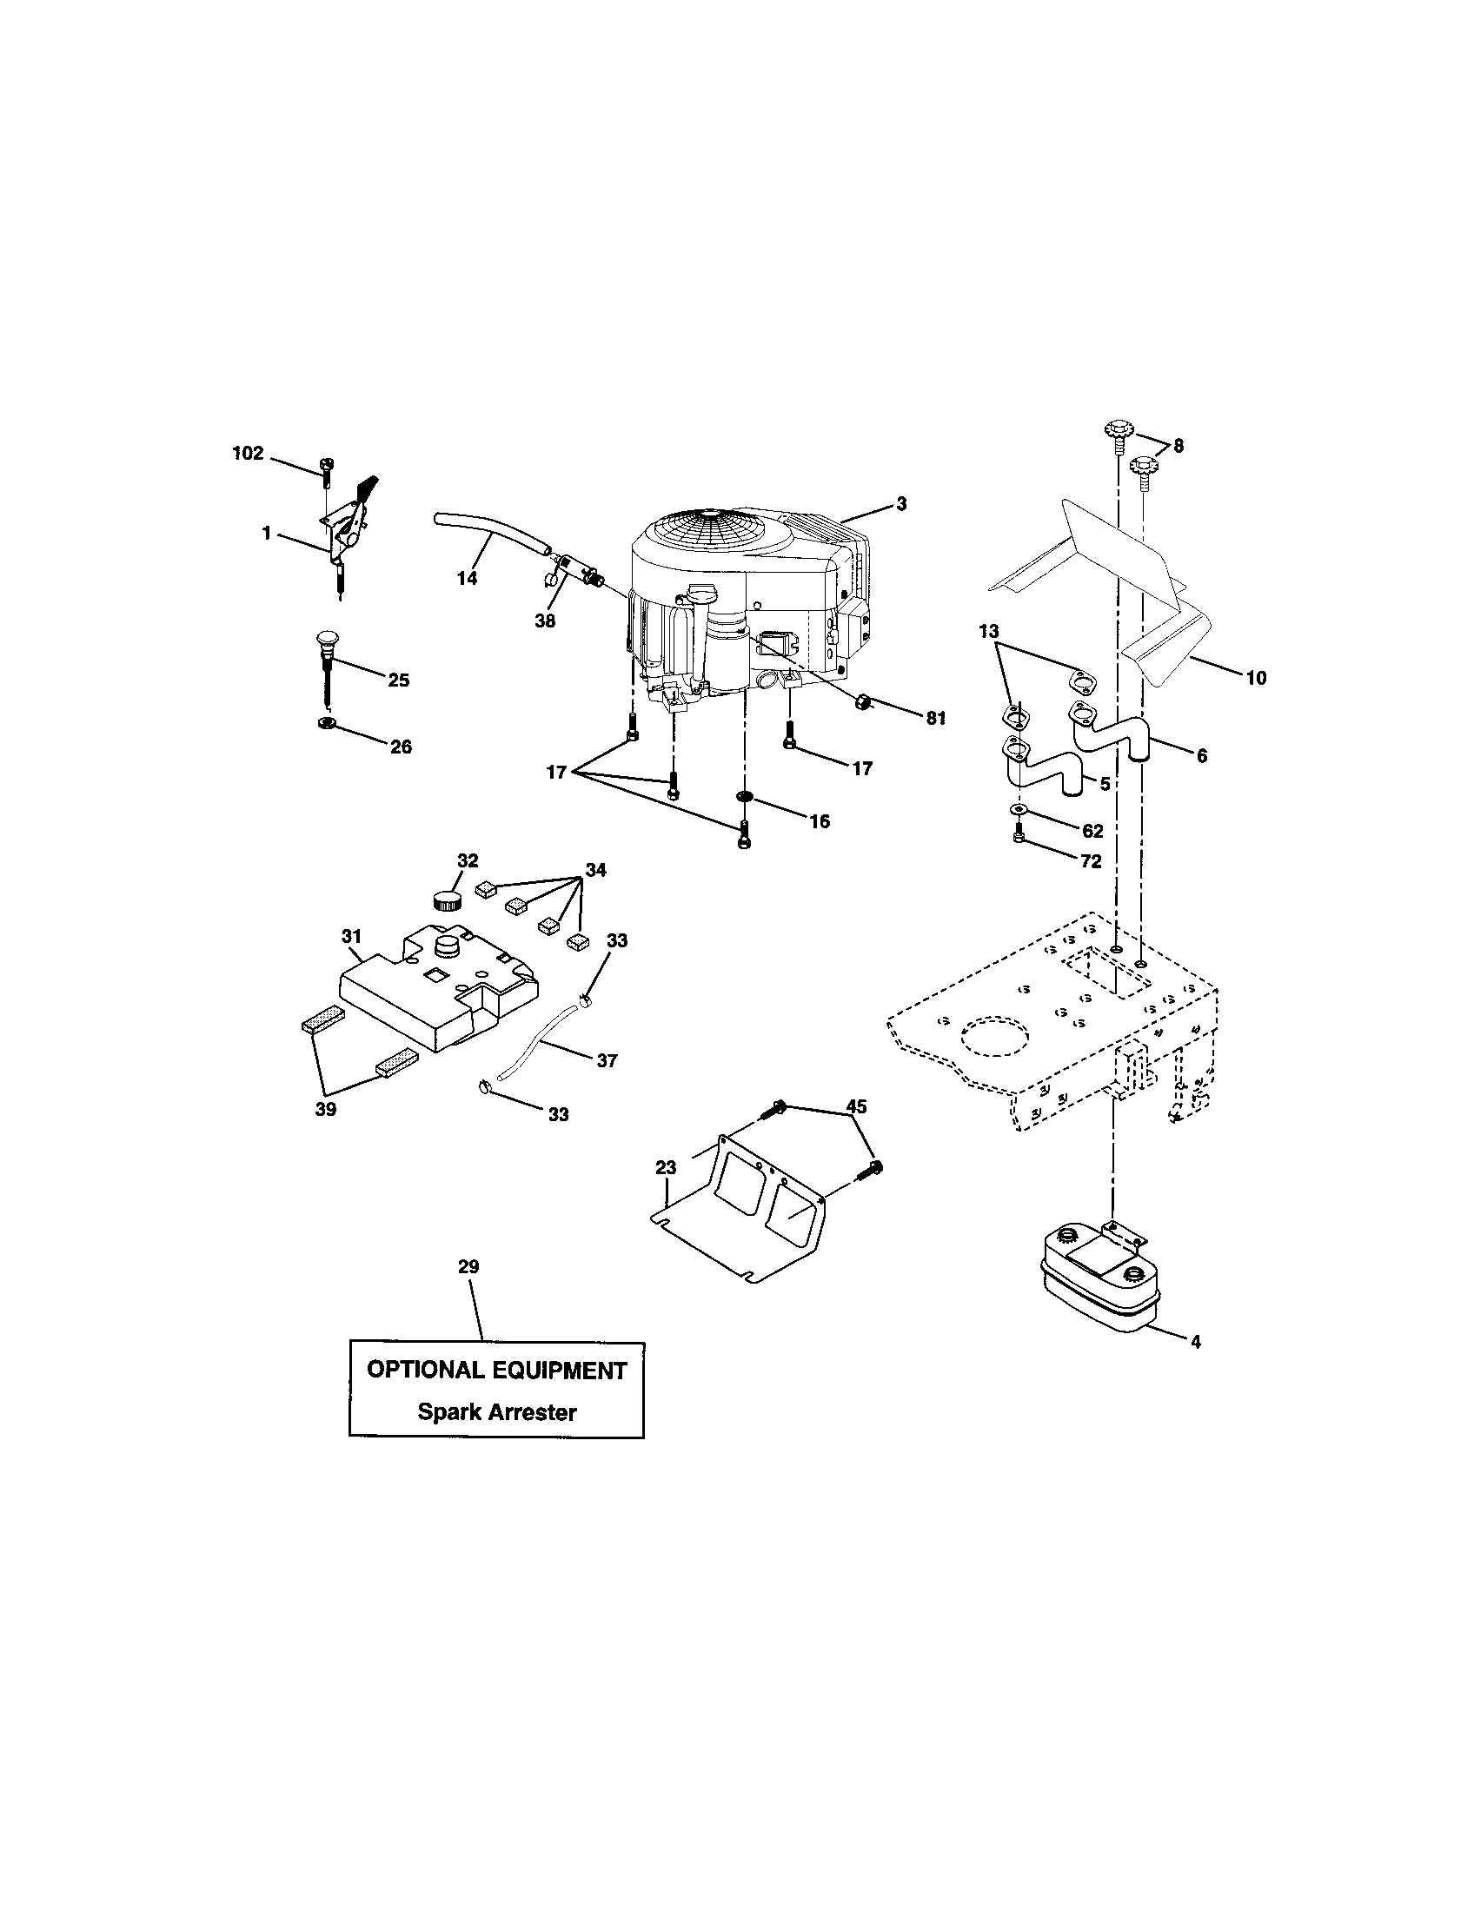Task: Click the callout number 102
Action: click(x=248, y=454)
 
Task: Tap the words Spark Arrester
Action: click(x=496, y=1412)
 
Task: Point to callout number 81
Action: click(x=936, y=718)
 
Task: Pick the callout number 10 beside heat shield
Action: click(x=1256, y=678)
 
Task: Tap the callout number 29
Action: click(x=468, y=1267)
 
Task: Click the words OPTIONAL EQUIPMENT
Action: click(x=496, y=1370)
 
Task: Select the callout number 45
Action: click(x=856, y=1107)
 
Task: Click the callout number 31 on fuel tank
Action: click(x=351, y=937)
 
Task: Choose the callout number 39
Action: click(x=326, y=1109)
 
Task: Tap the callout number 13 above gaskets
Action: click(x=988, y=631)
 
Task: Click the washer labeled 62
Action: click(x=1018, y=808)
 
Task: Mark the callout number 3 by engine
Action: click(x=901, y=503)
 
